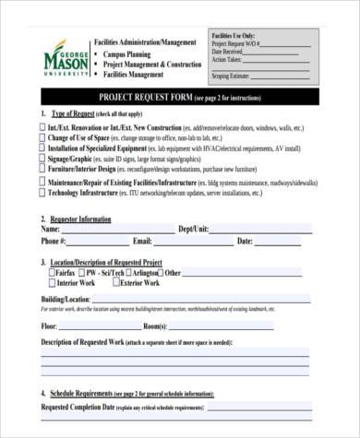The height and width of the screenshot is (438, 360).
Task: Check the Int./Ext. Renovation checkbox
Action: click(x=42, y=125)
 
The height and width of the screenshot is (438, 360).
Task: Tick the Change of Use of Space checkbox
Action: click(x=42, y=136)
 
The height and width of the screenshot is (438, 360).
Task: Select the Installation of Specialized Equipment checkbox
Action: click(x=42, y=148)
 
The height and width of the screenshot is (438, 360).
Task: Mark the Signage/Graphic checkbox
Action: click(x=42, y=158)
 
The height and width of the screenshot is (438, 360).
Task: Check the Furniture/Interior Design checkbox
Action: click(x=42, y=169)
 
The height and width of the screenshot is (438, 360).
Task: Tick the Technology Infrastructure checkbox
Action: click(x=42, y=195)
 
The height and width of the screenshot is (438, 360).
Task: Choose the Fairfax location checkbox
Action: click(x=51, y=274)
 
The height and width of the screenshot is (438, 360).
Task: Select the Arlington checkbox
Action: click(x=126, y=274)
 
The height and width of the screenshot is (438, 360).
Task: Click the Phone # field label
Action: click(x=53, y=242)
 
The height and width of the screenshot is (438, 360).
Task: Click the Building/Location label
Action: click(x=66, y=300)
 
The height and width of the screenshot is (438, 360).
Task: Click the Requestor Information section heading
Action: click(x=84, y=219)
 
